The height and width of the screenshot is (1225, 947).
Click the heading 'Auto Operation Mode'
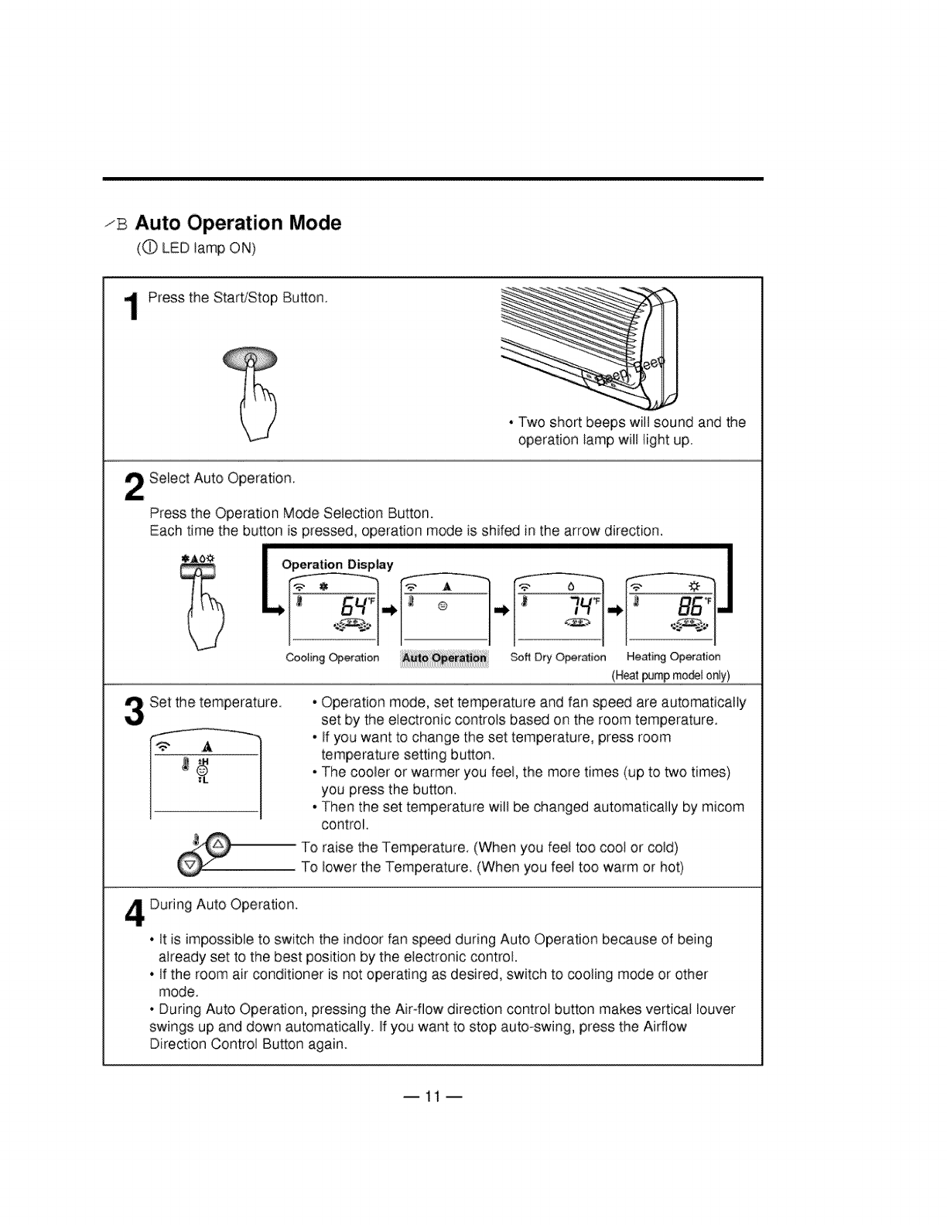coord(238,224)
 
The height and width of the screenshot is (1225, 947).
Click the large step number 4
coord(134,912)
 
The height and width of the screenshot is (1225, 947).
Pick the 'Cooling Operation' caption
coord(333,658)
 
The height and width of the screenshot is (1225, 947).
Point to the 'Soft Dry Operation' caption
coord(558,657)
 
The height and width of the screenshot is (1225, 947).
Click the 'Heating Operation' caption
coord(673,657)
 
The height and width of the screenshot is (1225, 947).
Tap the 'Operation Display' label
coord(337,565)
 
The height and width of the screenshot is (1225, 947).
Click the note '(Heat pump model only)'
coord(670,675)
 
